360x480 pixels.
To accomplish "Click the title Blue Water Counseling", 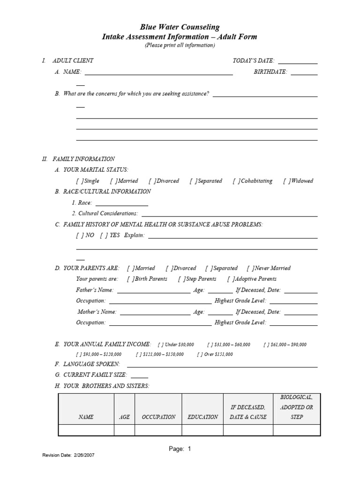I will coord(180,28).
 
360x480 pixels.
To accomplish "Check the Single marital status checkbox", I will coord(79,181).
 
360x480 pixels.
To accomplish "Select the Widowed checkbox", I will coord(286,181).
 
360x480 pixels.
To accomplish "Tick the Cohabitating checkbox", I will coord(236,181).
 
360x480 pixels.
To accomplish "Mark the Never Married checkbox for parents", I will coord(250,268).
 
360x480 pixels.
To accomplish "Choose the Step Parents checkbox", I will coord(182,279).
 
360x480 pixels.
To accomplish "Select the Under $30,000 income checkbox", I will coord(161,345).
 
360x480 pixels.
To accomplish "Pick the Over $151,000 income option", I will coord(200,354).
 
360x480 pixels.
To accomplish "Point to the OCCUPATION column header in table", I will coord(158,417).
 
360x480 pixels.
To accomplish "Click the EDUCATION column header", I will coord(202,417).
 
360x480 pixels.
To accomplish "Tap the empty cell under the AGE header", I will coord(125,430).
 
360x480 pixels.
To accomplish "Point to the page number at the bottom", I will coord(180,449).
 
